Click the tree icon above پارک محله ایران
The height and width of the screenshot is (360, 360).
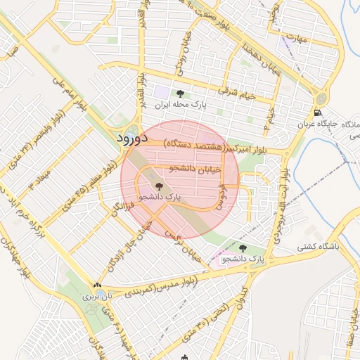(181, 94)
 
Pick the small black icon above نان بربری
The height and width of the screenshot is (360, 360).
(97, 285)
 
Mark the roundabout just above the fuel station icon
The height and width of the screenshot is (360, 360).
(321, 98)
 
